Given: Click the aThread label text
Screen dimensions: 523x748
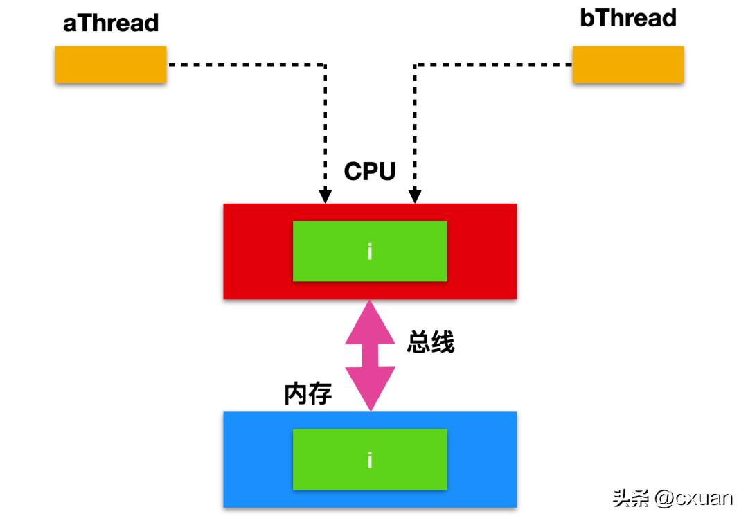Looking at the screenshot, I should click(x=111, y=23).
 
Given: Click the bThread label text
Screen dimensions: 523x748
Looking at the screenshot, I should click(x=627, y=18).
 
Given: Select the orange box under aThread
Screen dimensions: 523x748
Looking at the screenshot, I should click(x=111, y=64).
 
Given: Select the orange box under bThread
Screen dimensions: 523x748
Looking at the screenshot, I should click(x=627, y=64).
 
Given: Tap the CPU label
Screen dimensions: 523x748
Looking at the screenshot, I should click(x=370, y=170).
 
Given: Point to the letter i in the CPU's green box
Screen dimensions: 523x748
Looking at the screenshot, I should click(x=370, y=251).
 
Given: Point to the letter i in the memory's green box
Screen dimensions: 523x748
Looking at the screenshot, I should click(x=370, y=460).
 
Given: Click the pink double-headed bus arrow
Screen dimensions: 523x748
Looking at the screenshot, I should click(x=370, y=355).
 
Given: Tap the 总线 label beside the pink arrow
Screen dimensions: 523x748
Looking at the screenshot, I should click(x=431, y=342).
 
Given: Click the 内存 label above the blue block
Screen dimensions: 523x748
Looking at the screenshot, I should click(x=308, y=393).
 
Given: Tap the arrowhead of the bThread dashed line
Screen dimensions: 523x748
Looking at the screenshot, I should click(x=415, y=198).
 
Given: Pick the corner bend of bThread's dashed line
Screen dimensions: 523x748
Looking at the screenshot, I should click(x=415, y=64).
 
